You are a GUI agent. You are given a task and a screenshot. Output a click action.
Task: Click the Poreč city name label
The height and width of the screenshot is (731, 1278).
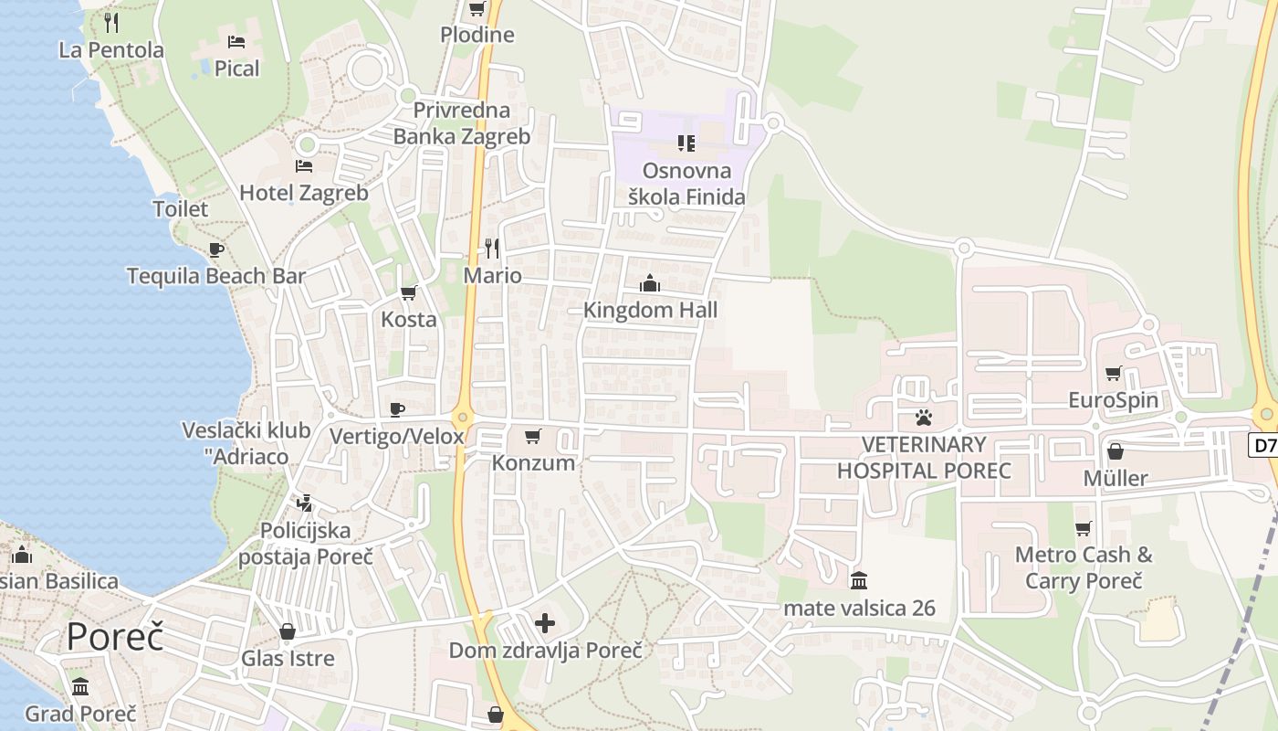[115, 636]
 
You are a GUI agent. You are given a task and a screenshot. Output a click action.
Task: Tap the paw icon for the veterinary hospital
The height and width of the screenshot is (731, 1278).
[924, 418]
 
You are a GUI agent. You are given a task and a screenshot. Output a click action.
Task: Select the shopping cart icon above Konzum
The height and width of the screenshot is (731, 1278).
[533, 436]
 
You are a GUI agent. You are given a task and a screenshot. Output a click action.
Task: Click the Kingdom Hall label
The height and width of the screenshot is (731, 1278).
[650, 310]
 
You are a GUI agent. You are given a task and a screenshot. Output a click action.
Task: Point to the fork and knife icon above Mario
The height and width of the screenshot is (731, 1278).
[492, 248]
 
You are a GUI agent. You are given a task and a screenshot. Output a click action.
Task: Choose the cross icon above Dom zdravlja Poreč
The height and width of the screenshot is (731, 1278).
[545, 623]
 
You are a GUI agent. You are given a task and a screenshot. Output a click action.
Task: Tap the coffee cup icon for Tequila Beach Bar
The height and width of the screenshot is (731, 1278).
[215, 249]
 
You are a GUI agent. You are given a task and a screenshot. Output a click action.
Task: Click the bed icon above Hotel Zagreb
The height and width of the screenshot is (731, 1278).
[304, 165]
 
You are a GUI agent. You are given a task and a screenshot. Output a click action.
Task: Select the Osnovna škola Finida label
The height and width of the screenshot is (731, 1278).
[686, 183]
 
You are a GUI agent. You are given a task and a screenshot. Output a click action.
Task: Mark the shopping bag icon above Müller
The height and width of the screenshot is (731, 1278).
[1115, 451]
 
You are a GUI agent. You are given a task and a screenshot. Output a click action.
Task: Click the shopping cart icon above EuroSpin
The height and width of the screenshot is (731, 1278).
[1113, 373]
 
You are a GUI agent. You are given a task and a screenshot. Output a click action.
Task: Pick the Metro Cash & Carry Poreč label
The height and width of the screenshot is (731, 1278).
[1084, 567]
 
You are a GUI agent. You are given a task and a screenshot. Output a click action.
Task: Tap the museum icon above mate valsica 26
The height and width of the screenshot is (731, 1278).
[859, 580]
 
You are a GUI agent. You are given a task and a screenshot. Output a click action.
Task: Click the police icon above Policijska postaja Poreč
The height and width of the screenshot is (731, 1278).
[305, 503]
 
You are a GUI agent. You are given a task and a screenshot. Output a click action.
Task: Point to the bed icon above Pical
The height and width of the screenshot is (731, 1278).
[236, 41]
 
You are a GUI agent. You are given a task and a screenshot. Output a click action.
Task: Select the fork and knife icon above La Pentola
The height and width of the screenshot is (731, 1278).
[111, 22]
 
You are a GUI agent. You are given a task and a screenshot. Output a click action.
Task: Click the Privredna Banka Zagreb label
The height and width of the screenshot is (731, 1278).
[461, 123]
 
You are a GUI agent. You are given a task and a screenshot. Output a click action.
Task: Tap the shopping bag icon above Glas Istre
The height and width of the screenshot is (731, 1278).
[288, 631]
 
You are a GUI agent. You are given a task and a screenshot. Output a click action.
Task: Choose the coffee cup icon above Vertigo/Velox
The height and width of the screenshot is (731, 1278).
[396, 408]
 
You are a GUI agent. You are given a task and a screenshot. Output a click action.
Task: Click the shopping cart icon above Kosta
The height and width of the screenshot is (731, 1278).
[408, 292]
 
